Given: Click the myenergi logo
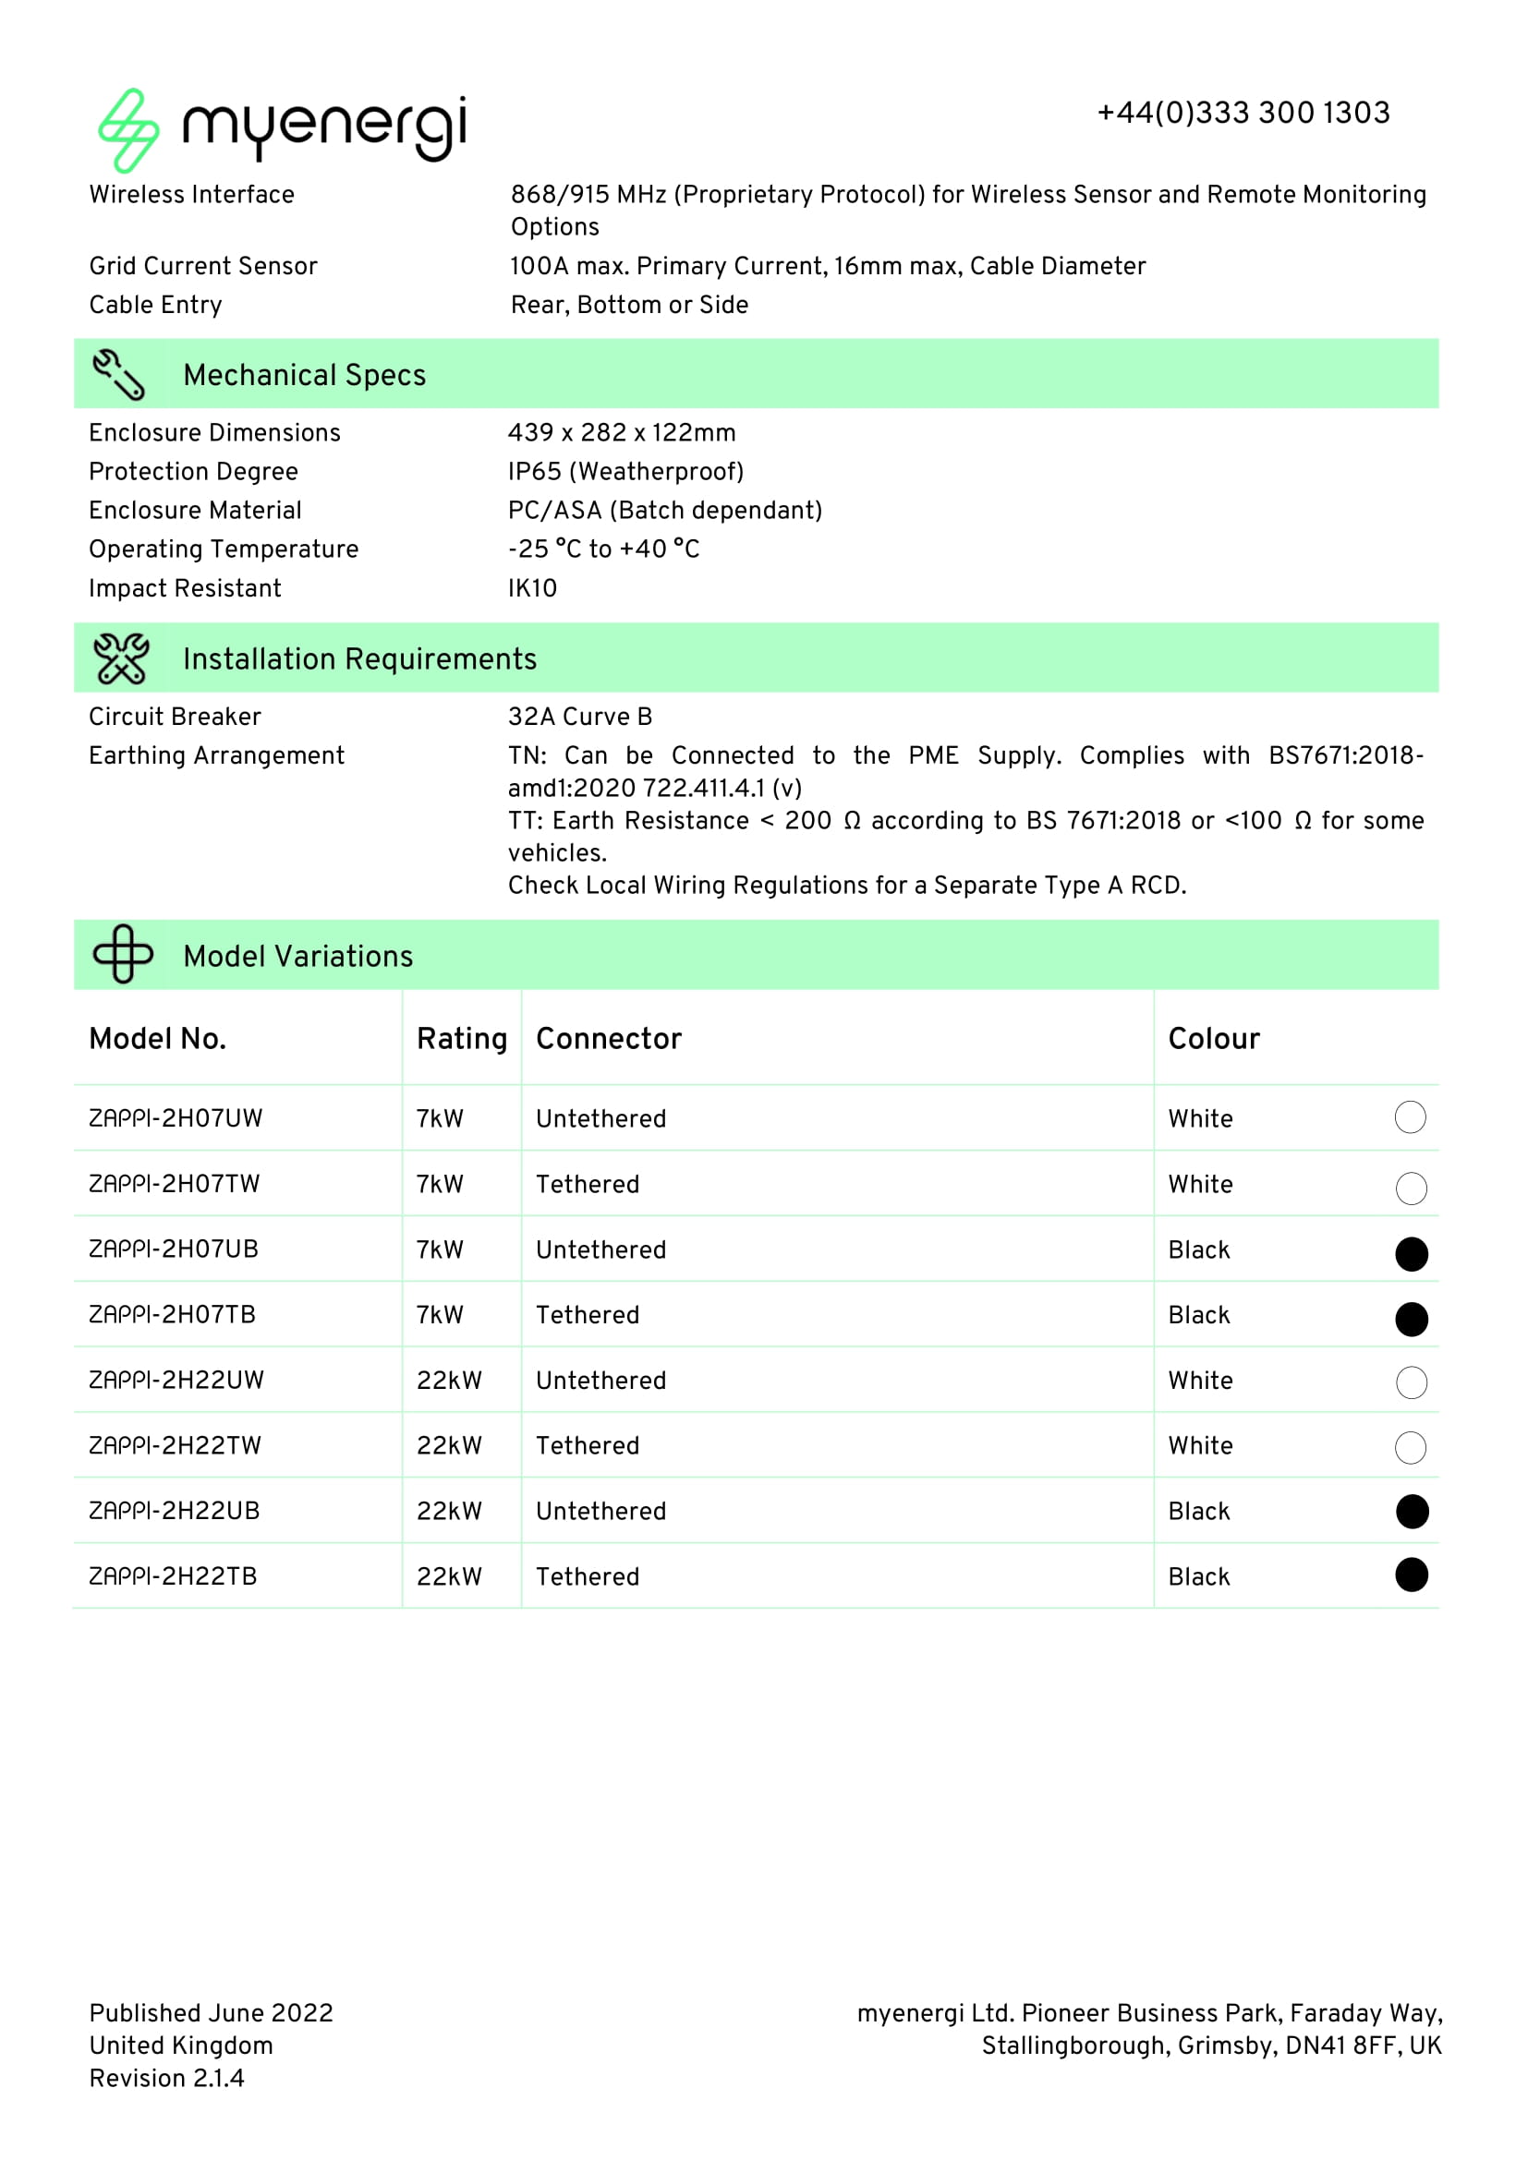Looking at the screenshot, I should point(282,130).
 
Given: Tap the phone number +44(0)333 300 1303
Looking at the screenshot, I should point(1243,113).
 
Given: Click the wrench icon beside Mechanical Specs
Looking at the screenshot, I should point(118,374).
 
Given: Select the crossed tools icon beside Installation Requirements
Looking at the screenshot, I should point(121,658).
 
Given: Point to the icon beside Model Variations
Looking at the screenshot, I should point(123,954).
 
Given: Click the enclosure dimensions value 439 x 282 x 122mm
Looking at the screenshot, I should point(621,433).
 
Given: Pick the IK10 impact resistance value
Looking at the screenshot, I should point(532,588).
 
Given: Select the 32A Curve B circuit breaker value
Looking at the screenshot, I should point(579,717).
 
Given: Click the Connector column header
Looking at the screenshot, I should point(609,1039).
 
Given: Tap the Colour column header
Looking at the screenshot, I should point(1214,1039).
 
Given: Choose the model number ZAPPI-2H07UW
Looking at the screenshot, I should point(176,1118).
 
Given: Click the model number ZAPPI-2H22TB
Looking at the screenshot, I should point(173,1576).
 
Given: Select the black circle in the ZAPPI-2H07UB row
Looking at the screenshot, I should point(1412,1254).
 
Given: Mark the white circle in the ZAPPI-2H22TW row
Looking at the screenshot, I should point(1411,1448).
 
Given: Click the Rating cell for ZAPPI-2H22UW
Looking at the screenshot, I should point(449,1381).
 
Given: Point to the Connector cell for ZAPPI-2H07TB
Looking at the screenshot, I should point(588,1315).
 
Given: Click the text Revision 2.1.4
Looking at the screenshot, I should point(166,2078).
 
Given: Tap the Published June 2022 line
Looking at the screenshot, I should point(211,2013).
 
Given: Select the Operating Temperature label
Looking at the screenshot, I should point(224,549).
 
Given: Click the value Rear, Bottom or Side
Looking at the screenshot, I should point(629,305).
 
